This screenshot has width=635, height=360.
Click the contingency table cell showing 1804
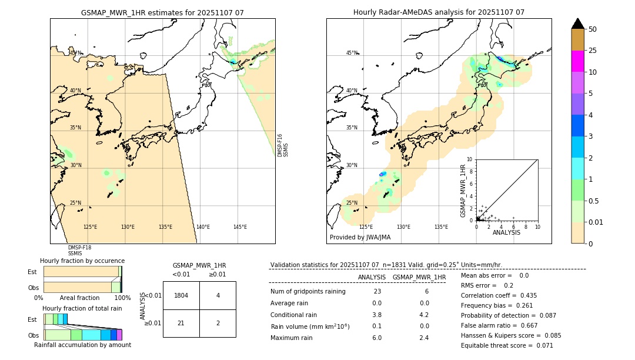coord(181,295)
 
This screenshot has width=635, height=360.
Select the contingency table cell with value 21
coord(181,324)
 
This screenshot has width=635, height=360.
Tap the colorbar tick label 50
coord(593,29)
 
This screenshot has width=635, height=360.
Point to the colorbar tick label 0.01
coord(596,222)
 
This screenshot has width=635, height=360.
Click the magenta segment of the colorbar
coord(577,61)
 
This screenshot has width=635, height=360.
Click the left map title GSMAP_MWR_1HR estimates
coord(162,12)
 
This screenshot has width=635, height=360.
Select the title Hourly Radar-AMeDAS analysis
coord(439,12)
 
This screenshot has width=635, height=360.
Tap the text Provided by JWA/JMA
coord(360,238)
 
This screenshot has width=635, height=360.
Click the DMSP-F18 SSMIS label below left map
coord(79,251)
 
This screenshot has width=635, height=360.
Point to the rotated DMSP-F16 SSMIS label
coord(282,145)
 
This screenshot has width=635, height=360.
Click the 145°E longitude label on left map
coord(240,227)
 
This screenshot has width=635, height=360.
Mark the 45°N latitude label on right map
coord(352,53)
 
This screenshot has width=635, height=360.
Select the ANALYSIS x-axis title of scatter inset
coord(506,232)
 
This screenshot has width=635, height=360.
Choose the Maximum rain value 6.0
coord(377,338)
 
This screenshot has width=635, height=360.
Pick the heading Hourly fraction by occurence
coord(82,261)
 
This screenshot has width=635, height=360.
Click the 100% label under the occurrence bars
coord(122,298)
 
